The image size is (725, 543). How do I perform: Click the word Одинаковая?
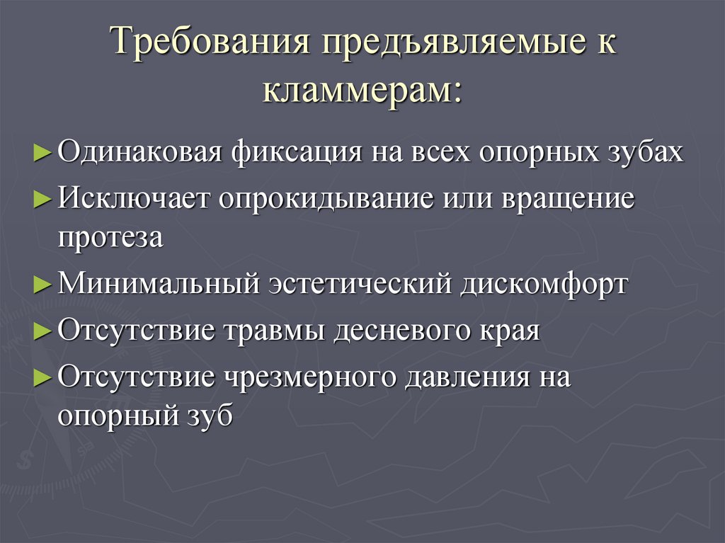click(x=140, y=152)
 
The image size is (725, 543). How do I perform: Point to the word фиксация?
click(x=297, y=152)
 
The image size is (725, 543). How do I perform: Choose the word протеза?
click(x=110, y=238)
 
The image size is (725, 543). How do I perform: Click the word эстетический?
click(x=361, y=284)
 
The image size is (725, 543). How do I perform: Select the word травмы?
click(x=274, y=330)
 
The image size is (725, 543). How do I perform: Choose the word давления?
click(x=467, y=377)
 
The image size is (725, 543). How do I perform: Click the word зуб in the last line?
click(x=210, y=415)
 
